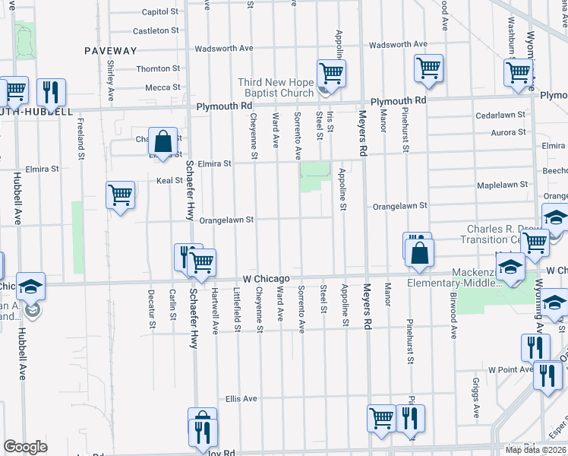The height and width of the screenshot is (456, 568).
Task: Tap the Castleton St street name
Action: tap(156, 31)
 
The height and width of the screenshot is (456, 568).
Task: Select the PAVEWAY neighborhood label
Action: tap(111, 51)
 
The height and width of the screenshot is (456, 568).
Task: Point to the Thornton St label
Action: tap(158, 68)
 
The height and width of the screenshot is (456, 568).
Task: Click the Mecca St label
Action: tap(163, 87)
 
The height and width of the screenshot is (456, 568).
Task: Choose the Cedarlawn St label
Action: tap(500, 116)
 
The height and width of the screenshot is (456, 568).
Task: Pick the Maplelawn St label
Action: tap(502, 185)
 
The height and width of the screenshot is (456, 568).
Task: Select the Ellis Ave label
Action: tap(241, 398)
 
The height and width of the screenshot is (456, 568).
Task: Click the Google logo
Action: tap(25, 446)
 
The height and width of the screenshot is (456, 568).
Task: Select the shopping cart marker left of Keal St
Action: tap(121, 195)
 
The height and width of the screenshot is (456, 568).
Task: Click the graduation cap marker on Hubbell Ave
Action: tap(31, 287)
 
